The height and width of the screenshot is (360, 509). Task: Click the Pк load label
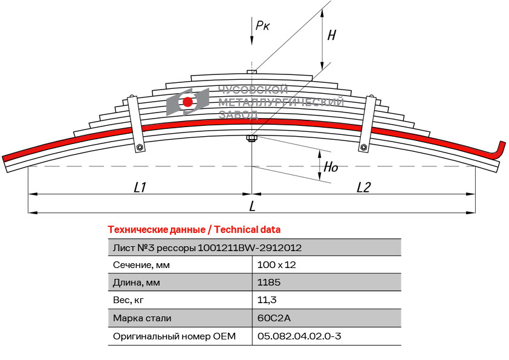tap(262, 25)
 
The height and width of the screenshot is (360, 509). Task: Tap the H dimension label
tap(331, 35)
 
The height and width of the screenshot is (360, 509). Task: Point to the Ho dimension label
tap(331, 168)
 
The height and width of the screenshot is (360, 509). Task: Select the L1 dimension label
tap(140, 188)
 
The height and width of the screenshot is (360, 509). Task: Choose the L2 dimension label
tap(363, 188)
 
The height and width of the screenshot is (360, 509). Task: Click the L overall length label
tap(252, 206)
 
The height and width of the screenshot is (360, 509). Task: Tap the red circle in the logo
tap(188, 102)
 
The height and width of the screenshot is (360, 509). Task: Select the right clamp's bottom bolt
tap(364, 147)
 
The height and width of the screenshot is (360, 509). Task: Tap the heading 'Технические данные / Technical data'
tap(194, 229)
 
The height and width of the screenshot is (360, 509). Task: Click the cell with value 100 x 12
tap(276, 265)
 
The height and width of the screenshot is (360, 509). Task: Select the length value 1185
tap(269, 283)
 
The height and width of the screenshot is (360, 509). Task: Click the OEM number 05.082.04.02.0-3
tap(299, 335)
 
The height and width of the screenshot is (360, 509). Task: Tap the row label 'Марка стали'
tap(142, 318)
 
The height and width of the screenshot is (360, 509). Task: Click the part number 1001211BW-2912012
tap(250, 247)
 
